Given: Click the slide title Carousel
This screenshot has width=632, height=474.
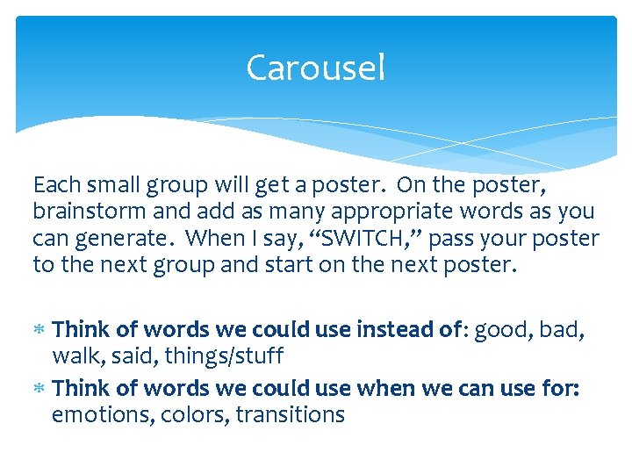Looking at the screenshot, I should [315, 68].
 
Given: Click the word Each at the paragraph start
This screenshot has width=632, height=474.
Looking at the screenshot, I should [54, 184].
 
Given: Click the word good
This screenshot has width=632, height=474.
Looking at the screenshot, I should [502, 330].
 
